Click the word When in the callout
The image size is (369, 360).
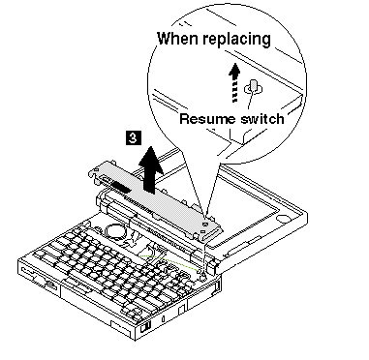(177, 38)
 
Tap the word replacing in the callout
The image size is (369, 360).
(236, 40)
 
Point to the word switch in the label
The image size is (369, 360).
(262, 119)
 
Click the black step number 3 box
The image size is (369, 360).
(134, 137)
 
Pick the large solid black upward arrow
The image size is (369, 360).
(153, 168)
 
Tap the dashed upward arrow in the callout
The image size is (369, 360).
(234, 82)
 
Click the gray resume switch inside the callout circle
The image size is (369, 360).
(254, 87)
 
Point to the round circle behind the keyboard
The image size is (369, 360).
(114, 231)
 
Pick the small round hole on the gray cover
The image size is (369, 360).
(204, 224)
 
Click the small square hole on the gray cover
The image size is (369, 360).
(203, 231)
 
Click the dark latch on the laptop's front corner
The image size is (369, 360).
(145, 328)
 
